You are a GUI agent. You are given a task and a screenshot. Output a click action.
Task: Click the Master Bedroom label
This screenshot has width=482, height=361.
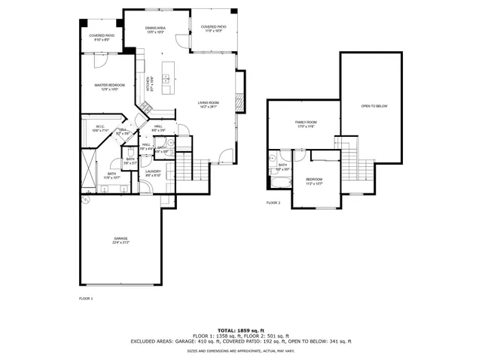(x=109, y=86)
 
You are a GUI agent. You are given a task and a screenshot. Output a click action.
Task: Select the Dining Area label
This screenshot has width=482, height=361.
(x=156, y=29)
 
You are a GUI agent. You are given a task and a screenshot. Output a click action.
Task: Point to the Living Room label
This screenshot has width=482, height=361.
(x=208, y=103)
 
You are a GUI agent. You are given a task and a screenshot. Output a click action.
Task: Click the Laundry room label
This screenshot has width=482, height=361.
(x=154, y=173)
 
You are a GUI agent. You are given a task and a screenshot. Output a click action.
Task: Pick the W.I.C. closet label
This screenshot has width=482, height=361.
(x=101, y=128)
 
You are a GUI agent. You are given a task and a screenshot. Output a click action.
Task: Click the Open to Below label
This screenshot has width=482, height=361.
(x=374, y=106)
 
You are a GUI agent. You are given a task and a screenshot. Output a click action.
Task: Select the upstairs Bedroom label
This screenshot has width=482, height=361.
(x=314, y=180)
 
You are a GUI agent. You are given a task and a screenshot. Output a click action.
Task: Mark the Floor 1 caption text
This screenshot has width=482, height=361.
(x=86, y=299)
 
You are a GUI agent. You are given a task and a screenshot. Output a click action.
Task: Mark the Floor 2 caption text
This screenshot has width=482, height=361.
(x=273, y=203)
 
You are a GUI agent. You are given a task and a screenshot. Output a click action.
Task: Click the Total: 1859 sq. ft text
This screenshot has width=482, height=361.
(x=240, y=330)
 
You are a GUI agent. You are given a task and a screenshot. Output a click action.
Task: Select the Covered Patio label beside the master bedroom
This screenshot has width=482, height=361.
(x=101, y=37)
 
